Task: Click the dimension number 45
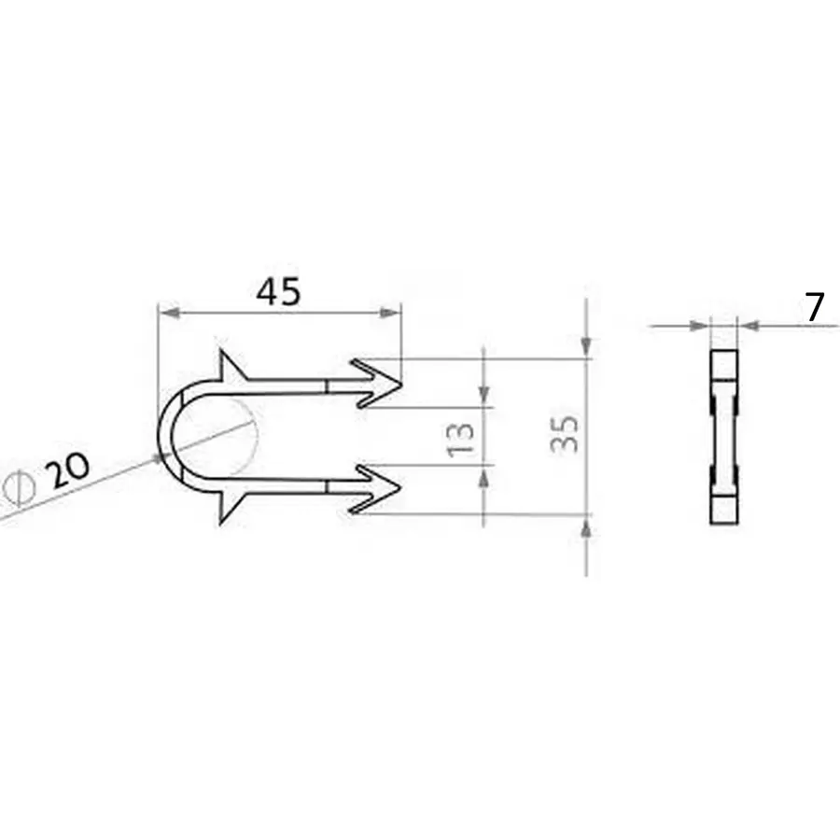(278, 292)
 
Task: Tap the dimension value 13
(461, 440)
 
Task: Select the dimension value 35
(565, 434)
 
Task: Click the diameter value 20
(67, 469)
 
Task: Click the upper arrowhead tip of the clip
(401, 384)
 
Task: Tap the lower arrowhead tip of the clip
(400, 486)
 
